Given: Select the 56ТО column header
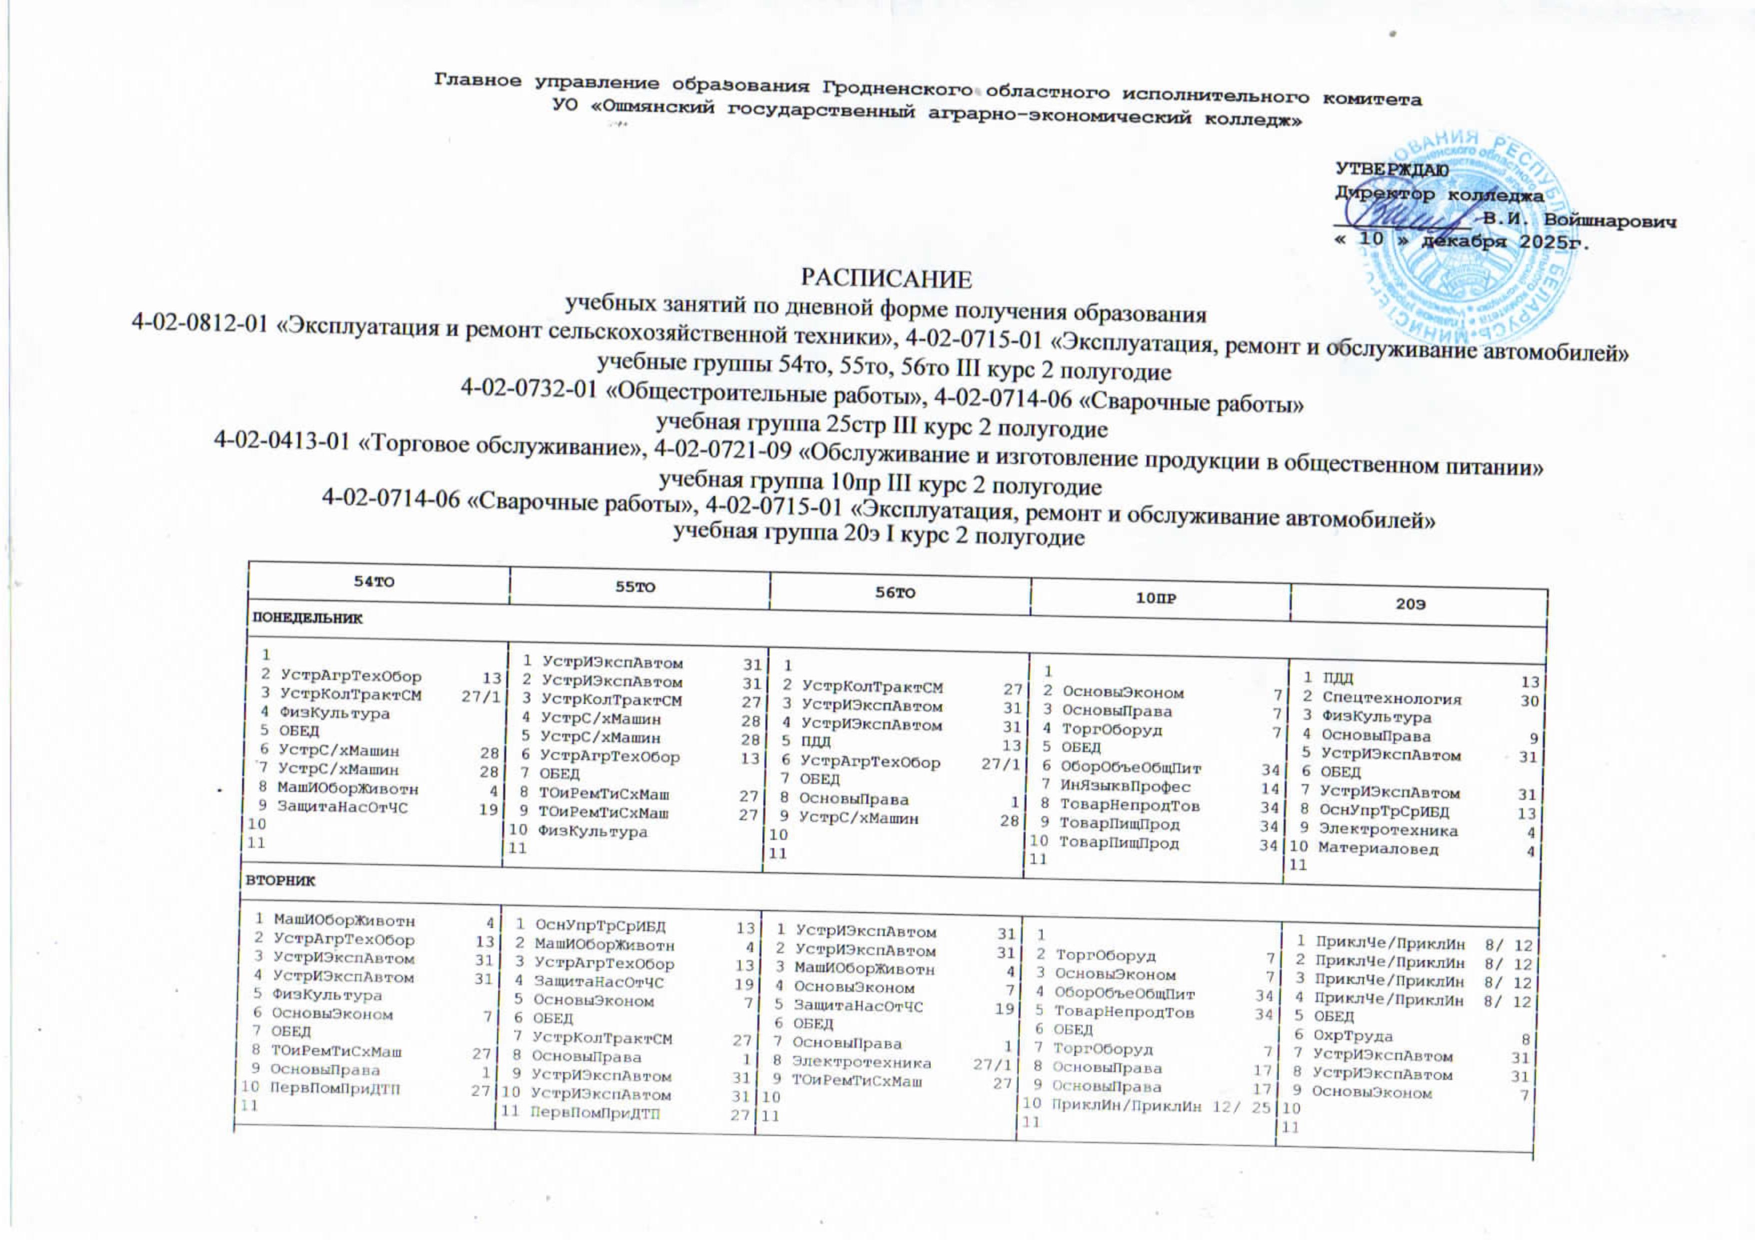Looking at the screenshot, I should pyautogui.click(x=895, y=593).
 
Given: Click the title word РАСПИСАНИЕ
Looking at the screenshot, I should pyautogui.click(x=886, y=279).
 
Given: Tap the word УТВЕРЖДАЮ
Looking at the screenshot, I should pyautogui.click(x=1391, y=169).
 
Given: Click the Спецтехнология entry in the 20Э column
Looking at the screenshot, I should pyautogui.click(x=1391, y=698).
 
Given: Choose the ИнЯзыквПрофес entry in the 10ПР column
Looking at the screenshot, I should pyautogui.click(x=1125, y=785).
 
